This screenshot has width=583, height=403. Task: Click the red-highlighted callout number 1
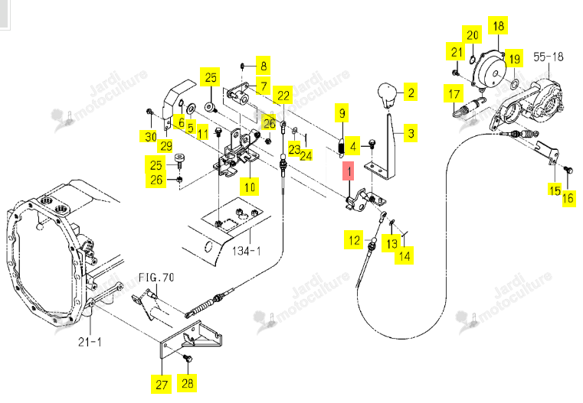coord(349,171)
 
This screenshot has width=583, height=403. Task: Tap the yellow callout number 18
coord(498,25)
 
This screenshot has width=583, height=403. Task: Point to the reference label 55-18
coord(548,57)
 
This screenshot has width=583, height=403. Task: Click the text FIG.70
coord(156,277)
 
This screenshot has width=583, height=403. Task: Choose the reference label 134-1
coord(246,251)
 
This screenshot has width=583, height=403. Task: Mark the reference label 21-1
coord(90,341)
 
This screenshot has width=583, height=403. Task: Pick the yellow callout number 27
coord(162,384)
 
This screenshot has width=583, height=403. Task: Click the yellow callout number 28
coord(187,383)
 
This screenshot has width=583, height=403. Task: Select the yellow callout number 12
coord(354,240)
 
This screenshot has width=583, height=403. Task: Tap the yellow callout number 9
coord(342,113)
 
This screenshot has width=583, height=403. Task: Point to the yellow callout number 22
coord(283,96)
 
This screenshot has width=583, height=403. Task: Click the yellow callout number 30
coord(150,136)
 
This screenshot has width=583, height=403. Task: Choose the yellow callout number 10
coord(250,187)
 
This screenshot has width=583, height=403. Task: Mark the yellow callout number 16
coord(568,198)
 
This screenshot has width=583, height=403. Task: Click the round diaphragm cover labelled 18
coord(489,70)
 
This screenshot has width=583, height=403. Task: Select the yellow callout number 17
coord(454,94)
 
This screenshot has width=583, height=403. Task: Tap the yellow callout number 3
coord(411,132)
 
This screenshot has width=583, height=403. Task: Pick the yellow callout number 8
coord(264,66)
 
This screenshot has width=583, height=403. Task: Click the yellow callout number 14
coord(404,255)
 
